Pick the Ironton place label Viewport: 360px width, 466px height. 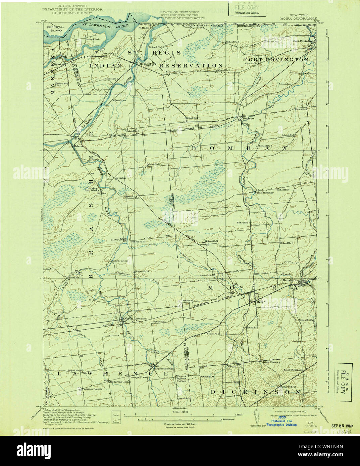pos(121,178)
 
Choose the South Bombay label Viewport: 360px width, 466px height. pos(264,193)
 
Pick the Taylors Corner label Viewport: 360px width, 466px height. pos(181,380)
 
